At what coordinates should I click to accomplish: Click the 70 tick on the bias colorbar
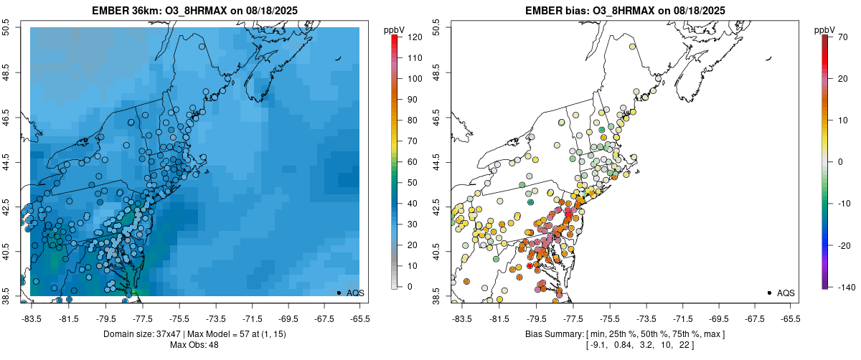coord(837,37)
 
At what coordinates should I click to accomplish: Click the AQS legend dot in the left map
coord(339,293)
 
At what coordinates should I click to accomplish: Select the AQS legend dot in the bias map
coord(769,293)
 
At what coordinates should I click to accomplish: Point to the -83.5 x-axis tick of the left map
coord(31,318)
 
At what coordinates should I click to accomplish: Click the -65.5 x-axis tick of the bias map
coord(789,318)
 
